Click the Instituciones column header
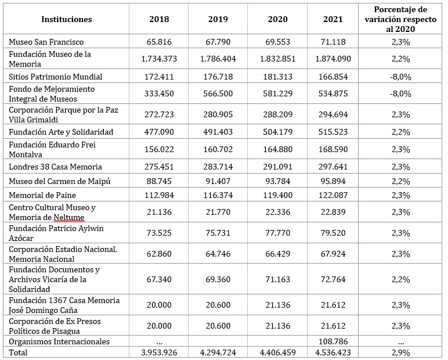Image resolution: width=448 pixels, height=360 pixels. tap(67, 19)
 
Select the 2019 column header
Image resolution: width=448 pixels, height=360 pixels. tap(218, 19)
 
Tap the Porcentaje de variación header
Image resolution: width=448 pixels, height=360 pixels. tap(400, 19)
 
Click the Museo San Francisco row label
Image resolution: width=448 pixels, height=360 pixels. tap(46, 42)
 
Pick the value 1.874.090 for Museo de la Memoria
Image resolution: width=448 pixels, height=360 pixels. tap(333, 59)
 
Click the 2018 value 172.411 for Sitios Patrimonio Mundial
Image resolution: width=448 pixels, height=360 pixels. tap(159, 77)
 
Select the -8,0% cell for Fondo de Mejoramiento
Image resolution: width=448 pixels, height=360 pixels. tap(400, 93)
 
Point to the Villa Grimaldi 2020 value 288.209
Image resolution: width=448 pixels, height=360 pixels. tap(278, 114)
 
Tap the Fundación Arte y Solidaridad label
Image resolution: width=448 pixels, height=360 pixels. tap(61, 132)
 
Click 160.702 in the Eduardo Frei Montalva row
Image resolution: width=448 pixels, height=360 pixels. tap(218, 149)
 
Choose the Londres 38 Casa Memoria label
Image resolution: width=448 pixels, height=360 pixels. tap(56, 167)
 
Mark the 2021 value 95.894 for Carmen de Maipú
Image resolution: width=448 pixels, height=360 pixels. tap(333, 181)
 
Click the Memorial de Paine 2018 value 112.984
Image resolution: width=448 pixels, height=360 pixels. tap(159, 195)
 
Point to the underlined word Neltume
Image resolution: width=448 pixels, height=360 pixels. tap(69, 218)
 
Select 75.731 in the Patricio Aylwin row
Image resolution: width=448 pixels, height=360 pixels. tap(218, 233)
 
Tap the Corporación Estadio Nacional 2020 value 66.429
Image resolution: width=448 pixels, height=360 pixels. tap(278, 254)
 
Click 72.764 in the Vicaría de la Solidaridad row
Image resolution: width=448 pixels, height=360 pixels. tap(333, 279)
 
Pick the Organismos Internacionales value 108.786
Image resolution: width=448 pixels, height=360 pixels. tap(333, 341)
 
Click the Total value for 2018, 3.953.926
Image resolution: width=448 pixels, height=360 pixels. tap(159, 352)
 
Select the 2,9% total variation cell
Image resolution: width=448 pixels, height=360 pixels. tap(400, 352)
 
